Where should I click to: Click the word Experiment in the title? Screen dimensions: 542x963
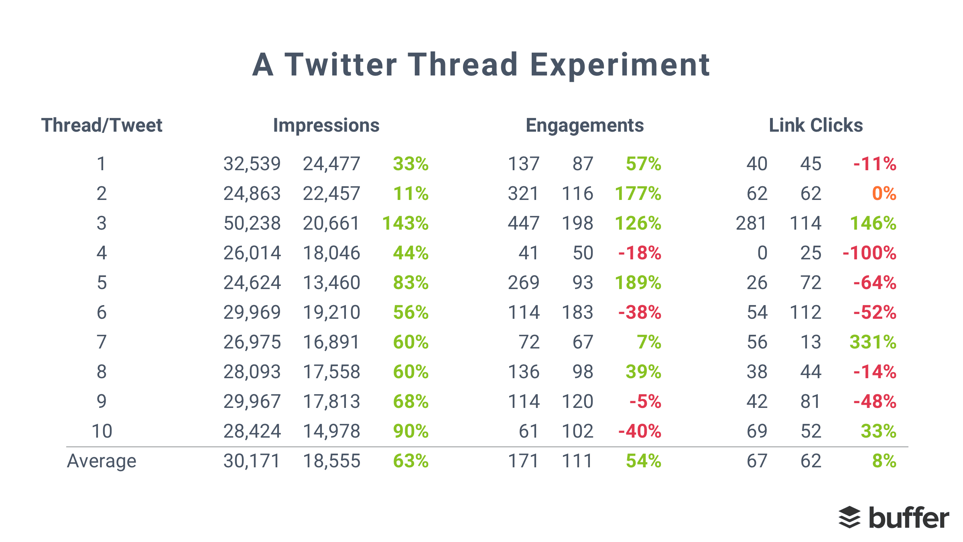(x=620, y=65)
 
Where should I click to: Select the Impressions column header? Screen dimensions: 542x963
(x=326, y=125)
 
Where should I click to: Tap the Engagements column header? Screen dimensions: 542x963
(x=585, y=125)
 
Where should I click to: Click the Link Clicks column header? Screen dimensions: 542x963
(x=816, y=125)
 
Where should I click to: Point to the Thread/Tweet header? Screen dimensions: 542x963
(x=102, y=125)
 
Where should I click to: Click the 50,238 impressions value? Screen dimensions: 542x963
(x=252, y=223)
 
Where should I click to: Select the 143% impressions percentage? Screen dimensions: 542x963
(x=405, y=223)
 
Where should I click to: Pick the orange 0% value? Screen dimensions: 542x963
(x=884, y=194)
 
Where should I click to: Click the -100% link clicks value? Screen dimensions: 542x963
(x=869, y=253)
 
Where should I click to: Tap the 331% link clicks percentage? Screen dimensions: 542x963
(x=873, y=342)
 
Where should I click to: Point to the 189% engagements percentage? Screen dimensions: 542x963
(x=638, y=283)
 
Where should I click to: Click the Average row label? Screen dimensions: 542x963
(x=102, y=461)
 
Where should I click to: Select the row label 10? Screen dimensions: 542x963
(x=102, y=431)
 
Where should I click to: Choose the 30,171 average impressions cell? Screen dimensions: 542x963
(x=252, y=461)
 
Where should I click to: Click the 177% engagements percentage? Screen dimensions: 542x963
(x=638, y=194)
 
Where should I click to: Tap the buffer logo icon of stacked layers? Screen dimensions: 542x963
(x=849, y=518)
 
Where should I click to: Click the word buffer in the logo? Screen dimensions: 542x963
(x=909, y=518)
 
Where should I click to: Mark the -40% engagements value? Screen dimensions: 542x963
(x=640, y=431)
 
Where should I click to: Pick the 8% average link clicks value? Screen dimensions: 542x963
(x=884, y=461)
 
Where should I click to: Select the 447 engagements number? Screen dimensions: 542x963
(x=524, y=223)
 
